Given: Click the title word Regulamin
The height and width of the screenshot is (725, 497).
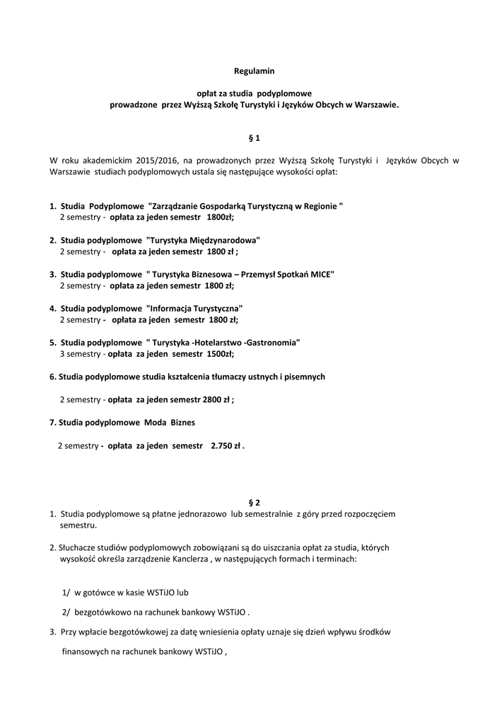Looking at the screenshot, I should [254, 71].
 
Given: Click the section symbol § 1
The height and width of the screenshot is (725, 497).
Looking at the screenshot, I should [254, 137].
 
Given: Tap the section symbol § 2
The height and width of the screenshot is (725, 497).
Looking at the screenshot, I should [254, 502].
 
